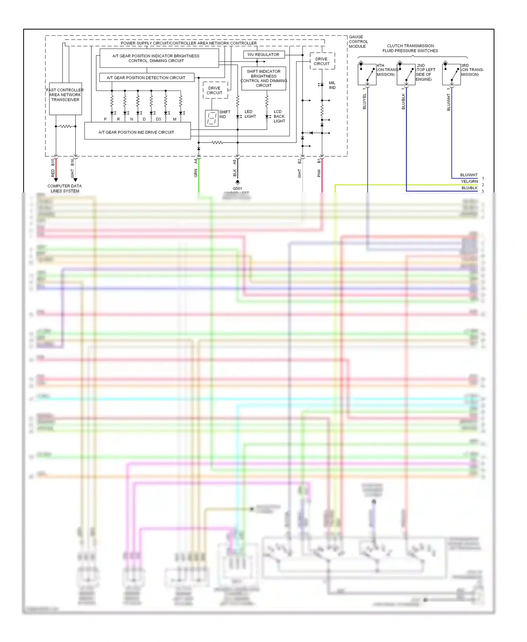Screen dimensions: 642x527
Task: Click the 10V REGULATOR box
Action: point(263,55)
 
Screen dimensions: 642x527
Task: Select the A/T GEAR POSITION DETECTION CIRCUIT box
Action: point(146,78)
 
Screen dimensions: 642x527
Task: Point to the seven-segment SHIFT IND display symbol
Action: point(212,118)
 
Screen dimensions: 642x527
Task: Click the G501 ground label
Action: point(237,189)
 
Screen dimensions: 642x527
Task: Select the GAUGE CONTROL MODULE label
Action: point(358,41)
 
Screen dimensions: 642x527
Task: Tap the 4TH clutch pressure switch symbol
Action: point(367,74)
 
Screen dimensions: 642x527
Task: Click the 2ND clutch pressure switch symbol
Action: point(406,74)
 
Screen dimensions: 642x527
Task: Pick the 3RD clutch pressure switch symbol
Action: point(451,74)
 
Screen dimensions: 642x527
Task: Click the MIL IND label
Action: point(332,85)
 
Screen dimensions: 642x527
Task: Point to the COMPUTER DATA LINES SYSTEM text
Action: point(65,188)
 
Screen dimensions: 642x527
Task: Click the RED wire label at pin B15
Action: point(53,173)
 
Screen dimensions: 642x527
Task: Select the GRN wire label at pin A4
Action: point(196,173)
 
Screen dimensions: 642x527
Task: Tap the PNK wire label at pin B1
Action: point(319,173)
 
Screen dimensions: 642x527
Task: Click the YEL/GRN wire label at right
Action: point(469,182)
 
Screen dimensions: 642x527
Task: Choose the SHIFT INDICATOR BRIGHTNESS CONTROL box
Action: point(263,78)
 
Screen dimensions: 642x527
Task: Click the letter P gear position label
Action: point(105,119)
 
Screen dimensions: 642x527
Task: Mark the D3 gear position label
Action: point(158,119)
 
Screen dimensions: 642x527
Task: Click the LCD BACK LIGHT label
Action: point(279,116)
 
